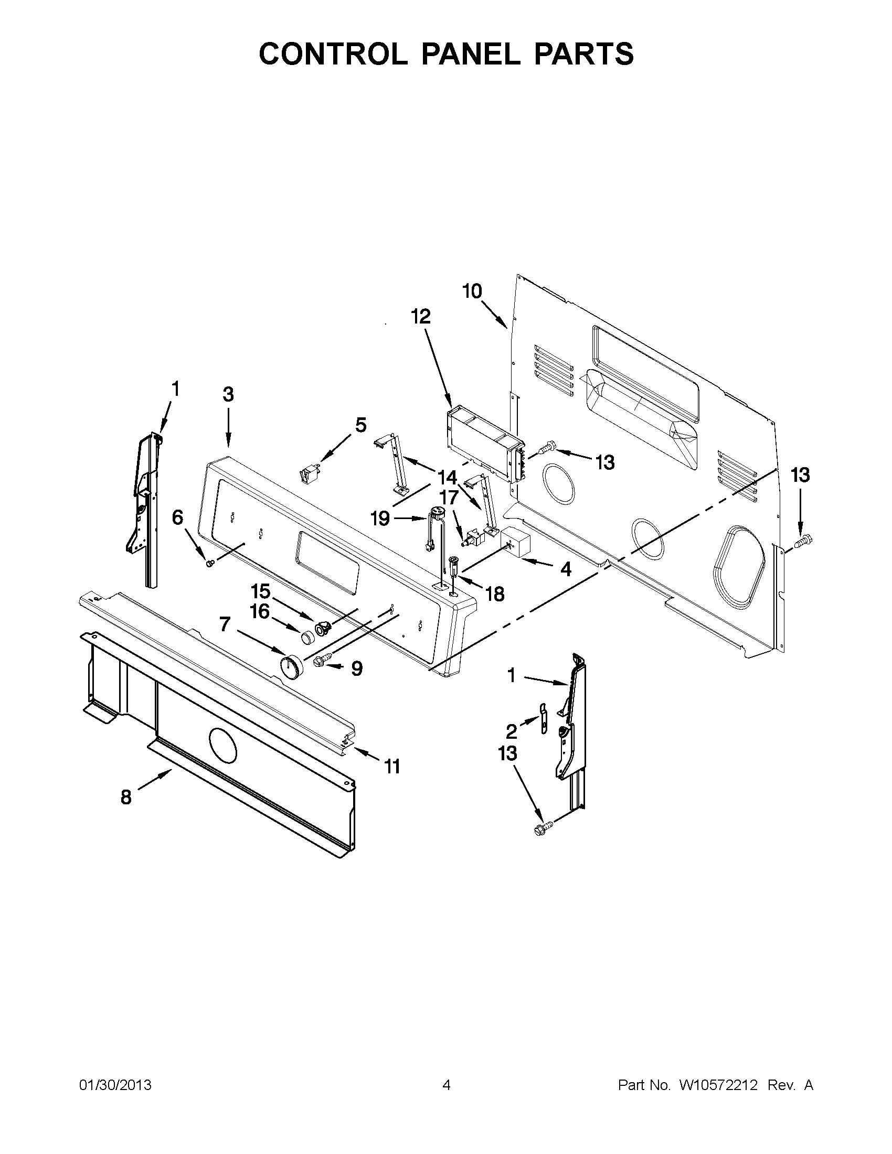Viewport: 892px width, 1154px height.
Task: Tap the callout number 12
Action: point(421,317)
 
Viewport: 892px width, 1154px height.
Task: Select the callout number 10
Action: point(472,291)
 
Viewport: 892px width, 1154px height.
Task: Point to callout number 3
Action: point(228,394)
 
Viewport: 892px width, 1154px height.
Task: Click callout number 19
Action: point(380,519)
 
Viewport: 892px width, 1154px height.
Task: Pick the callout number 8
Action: point(126,797)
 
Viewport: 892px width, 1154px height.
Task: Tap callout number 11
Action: point(392,765)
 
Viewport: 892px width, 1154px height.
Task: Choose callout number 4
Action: point(566,569)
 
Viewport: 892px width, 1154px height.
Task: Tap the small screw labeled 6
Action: point(209,564)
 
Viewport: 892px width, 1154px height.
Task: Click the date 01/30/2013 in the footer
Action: point(115,1085)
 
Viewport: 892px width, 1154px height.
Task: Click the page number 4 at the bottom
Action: point(447,1085)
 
